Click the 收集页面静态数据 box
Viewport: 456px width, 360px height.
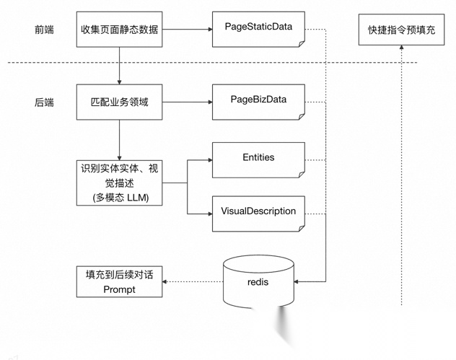pyautogui.click(x=119, y=30)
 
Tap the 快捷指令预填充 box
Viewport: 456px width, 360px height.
pyautogui.click(x=401, y=30)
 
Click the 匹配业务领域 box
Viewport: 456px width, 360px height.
pyautogui.click(x=119, y=102)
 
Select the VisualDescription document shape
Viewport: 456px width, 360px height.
pyautogui.click(x=258, y=213)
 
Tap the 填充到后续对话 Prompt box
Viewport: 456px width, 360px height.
pyautogui.click(x=119, y=282)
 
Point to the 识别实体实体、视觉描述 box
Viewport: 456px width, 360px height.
pyautogui.click(x=119, y=183)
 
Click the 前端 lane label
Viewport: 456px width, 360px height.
pyautogui.click(x=44, y=30)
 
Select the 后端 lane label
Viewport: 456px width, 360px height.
pyautogui.click(x=44, y=102)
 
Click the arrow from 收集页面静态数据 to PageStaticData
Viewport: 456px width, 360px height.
pyautogui.click(x=186, y=30)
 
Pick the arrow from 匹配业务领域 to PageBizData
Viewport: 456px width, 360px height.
pyautogui.click(x=186, y=102)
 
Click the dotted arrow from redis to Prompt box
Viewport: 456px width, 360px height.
pyautogui.click(x=193, y=282)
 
